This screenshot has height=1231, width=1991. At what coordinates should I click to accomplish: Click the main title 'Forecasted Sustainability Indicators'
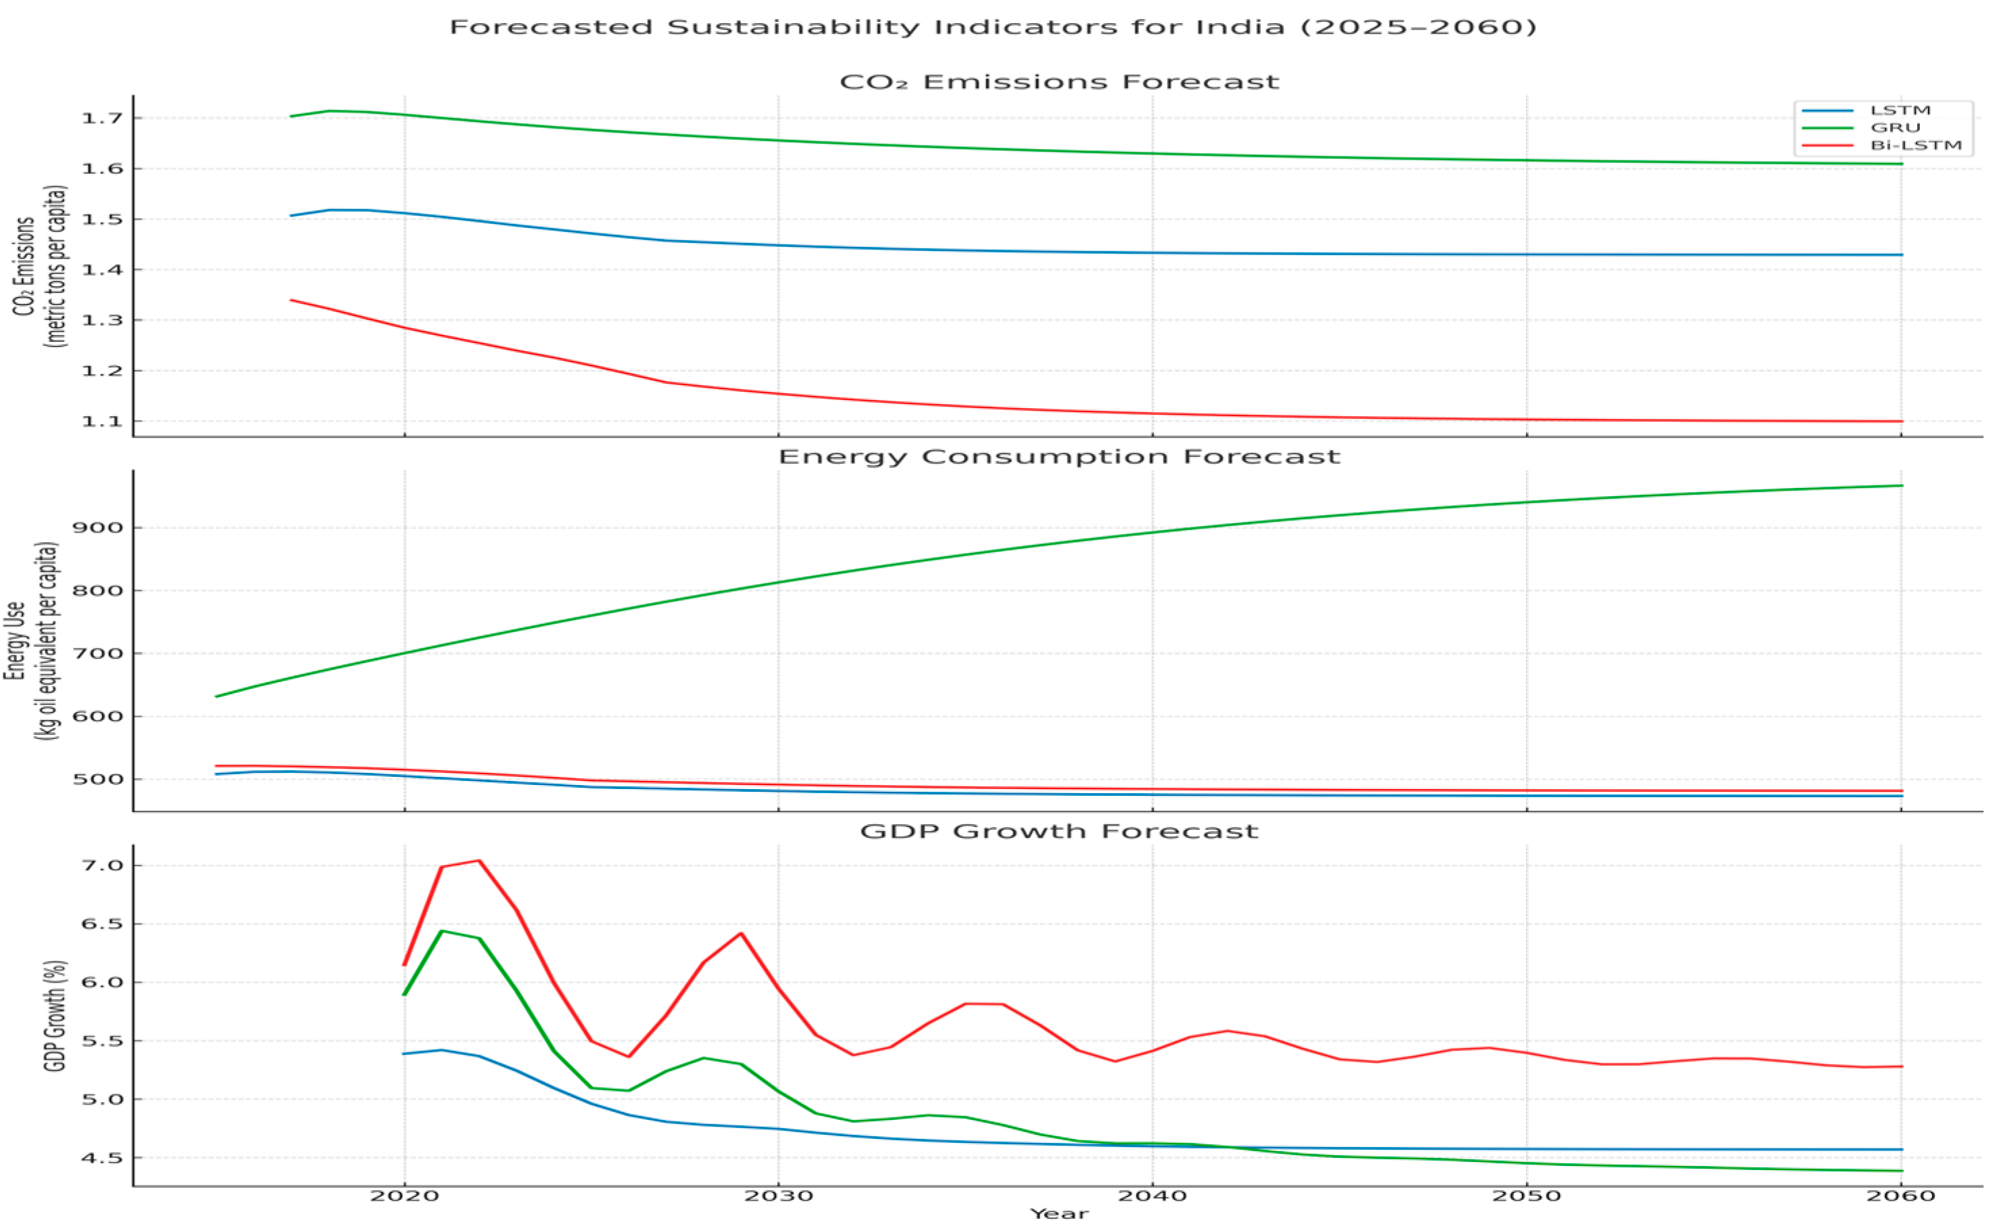(992, 27)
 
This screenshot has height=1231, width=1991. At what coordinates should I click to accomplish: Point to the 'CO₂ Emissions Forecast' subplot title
(1059, 83)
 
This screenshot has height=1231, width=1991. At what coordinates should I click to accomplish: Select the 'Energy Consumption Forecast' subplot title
(1059, 457)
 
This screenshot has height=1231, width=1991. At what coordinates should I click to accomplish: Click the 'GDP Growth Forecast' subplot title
(1059, 831)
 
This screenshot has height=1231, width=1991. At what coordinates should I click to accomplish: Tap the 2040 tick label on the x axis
(1152, 1196)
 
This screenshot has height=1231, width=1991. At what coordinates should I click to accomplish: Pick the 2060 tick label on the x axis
(1900, 1196)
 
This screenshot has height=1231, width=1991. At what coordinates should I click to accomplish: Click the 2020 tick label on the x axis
(405, 1196)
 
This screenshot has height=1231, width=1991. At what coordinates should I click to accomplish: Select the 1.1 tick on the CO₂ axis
(101, 422)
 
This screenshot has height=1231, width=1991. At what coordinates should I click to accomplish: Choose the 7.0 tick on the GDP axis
(101, 866)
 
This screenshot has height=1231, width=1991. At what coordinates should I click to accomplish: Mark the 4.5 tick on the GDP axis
(101, 1158)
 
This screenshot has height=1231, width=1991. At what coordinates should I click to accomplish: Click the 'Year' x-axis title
(1059, 1214)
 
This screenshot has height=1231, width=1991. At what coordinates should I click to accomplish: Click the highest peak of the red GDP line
(479, 861)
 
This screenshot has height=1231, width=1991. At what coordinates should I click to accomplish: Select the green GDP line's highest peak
(442, 931)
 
